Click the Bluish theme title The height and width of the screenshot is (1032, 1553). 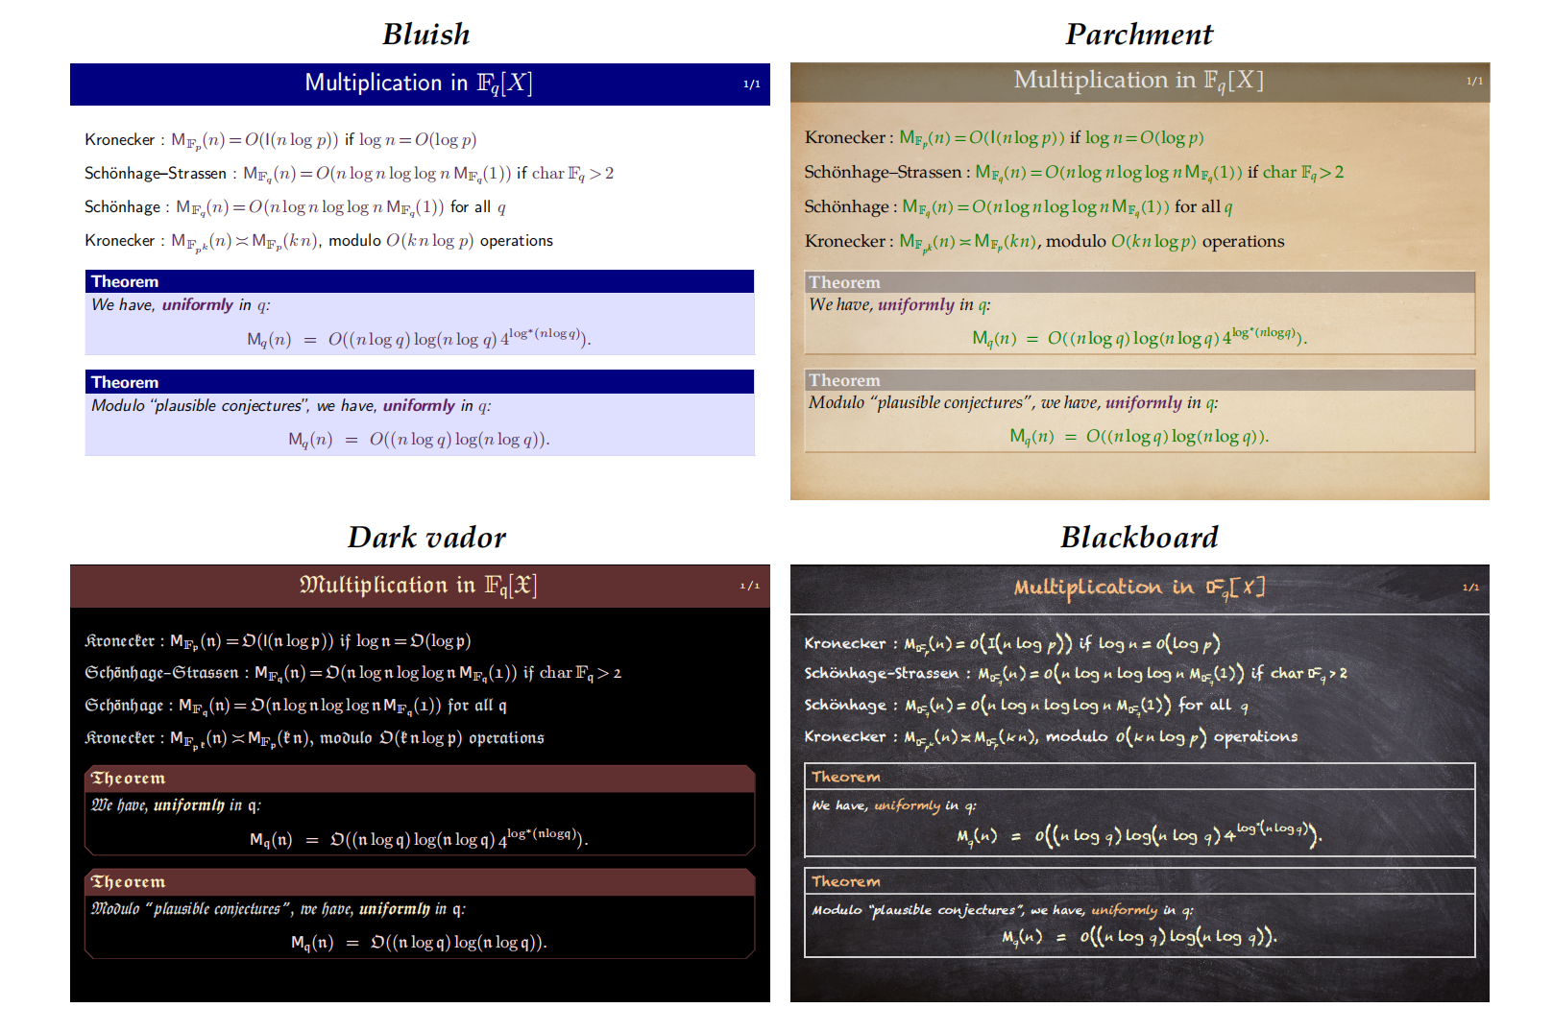coord(426,35)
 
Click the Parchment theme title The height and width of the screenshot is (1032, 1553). coord(1139,35)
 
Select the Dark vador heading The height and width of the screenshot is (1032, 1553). coord(426,538)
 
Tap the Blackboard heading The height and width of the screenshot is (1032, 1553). coord(1139,538)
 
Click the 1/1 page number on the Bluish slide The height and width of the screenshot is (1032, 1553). coord(751,84)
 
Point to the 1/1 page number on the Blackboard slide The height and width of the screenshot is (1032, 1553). coord(1470,588)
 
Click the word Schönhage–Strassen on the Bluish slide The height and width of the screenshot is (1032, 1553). coord(156,174)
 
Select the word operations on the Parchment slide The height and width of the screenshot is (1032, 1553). coord(1243,242)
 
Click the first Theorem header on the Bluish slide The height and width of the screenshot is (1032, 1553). coord(125,282)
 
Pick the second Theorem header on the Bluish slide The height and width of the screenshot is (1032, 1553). coord(125,383)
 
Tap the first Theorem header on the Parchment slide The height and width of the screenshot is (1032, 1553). coord(844,283)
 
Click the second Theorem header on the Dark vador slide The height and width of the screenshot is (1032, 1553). coord(128,882)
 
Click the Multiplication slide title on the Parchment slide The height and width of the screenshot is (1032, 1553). coord(1139,81)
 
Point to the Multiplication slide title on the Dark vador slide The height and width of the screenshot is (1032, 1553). coord(419,586)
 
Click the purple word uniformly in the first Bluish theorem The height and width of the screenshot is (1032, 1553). coord(198,305)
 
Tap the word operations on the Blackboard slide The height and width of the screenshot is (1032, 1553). coord(1255,737)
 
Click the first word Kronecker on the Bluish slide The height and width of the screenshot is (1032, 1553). coord(119,140)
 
